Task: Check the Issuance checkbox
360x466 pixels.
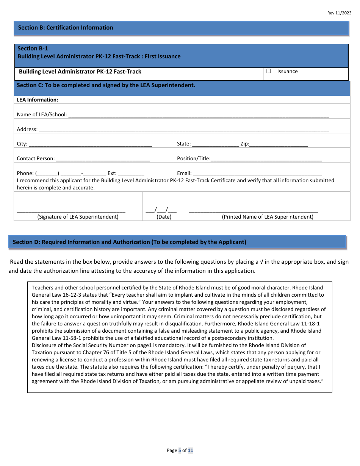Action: coord(269,71)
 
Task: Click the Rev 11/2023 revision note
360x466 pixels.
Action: coord(339,13)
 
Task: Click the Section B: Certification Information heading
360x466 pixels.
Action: coord(66,28)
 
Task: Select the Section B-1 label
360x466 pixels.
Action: coord(33,48)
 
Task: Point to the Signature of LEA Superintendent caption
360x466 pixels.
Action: coord(78,217)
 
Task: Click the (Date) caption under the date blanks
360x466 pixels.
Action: coord(164,217)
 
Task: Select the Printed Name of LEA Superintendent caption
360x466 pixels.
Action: coord(268,217)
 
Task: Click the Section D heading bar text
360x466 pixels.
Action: coord(130,242)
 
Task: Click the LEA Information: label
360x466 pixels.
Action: coord(38,100)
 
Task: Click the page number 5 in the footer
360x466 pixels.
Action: coord(180,450)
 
